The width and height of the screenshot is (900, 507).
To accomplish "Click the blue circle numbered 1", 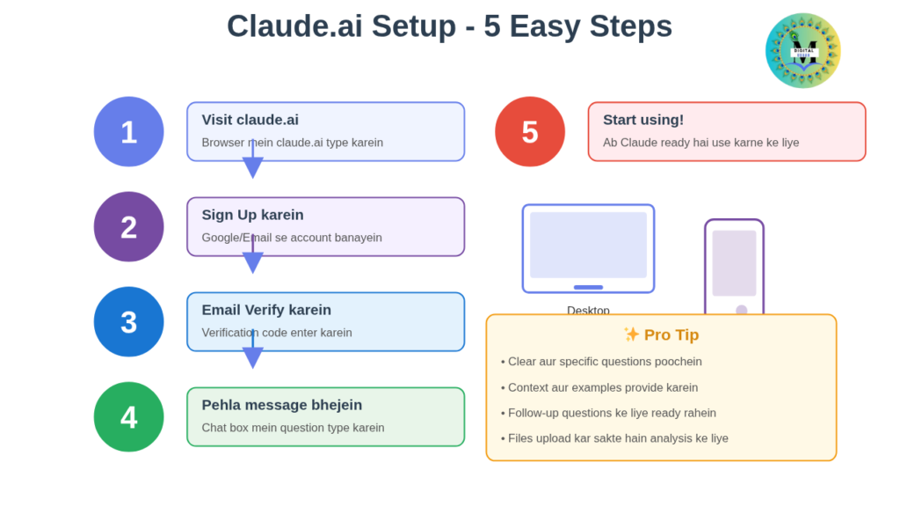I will point(128,132).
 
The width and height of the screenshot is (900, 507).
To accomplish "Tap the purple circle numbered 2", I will point(128,227).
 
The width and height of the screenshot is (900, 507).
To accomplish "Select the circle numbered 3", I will point(128,322).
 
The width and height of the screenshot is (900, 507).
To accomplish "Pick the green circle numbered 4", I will point(128,417).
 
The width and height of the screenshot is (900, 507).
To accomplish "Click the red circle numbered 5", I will point(529,132).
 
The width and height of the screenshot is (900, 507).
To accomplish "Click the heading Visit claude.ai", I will point(250,120).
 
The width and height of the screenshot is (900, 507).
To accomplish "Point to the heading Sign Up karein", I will point(252,215).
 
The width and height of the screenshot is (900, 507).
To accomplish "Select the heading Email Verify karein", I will point(266,310).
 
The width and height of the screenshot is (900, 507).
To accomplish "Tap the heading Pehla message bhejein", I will point(281,405).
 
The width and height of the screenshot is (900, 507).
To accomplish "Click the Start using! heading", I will point(642,120).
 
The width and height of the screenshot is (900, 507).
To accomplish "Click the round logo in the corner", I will point(802,50).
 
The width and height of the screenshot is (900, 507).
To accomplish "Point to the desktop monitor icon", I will point(588,248).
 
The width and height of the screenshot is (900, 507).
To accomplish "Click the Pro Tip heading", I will point(661,334).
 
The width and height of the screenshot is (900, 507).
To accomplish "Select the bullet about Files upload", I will point(614,438).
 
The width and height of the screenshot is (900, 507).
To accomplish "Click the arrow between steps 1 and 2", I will point(253,164).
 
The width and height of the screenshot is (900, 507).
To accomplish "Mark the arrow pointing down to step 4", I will point(253,354).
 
